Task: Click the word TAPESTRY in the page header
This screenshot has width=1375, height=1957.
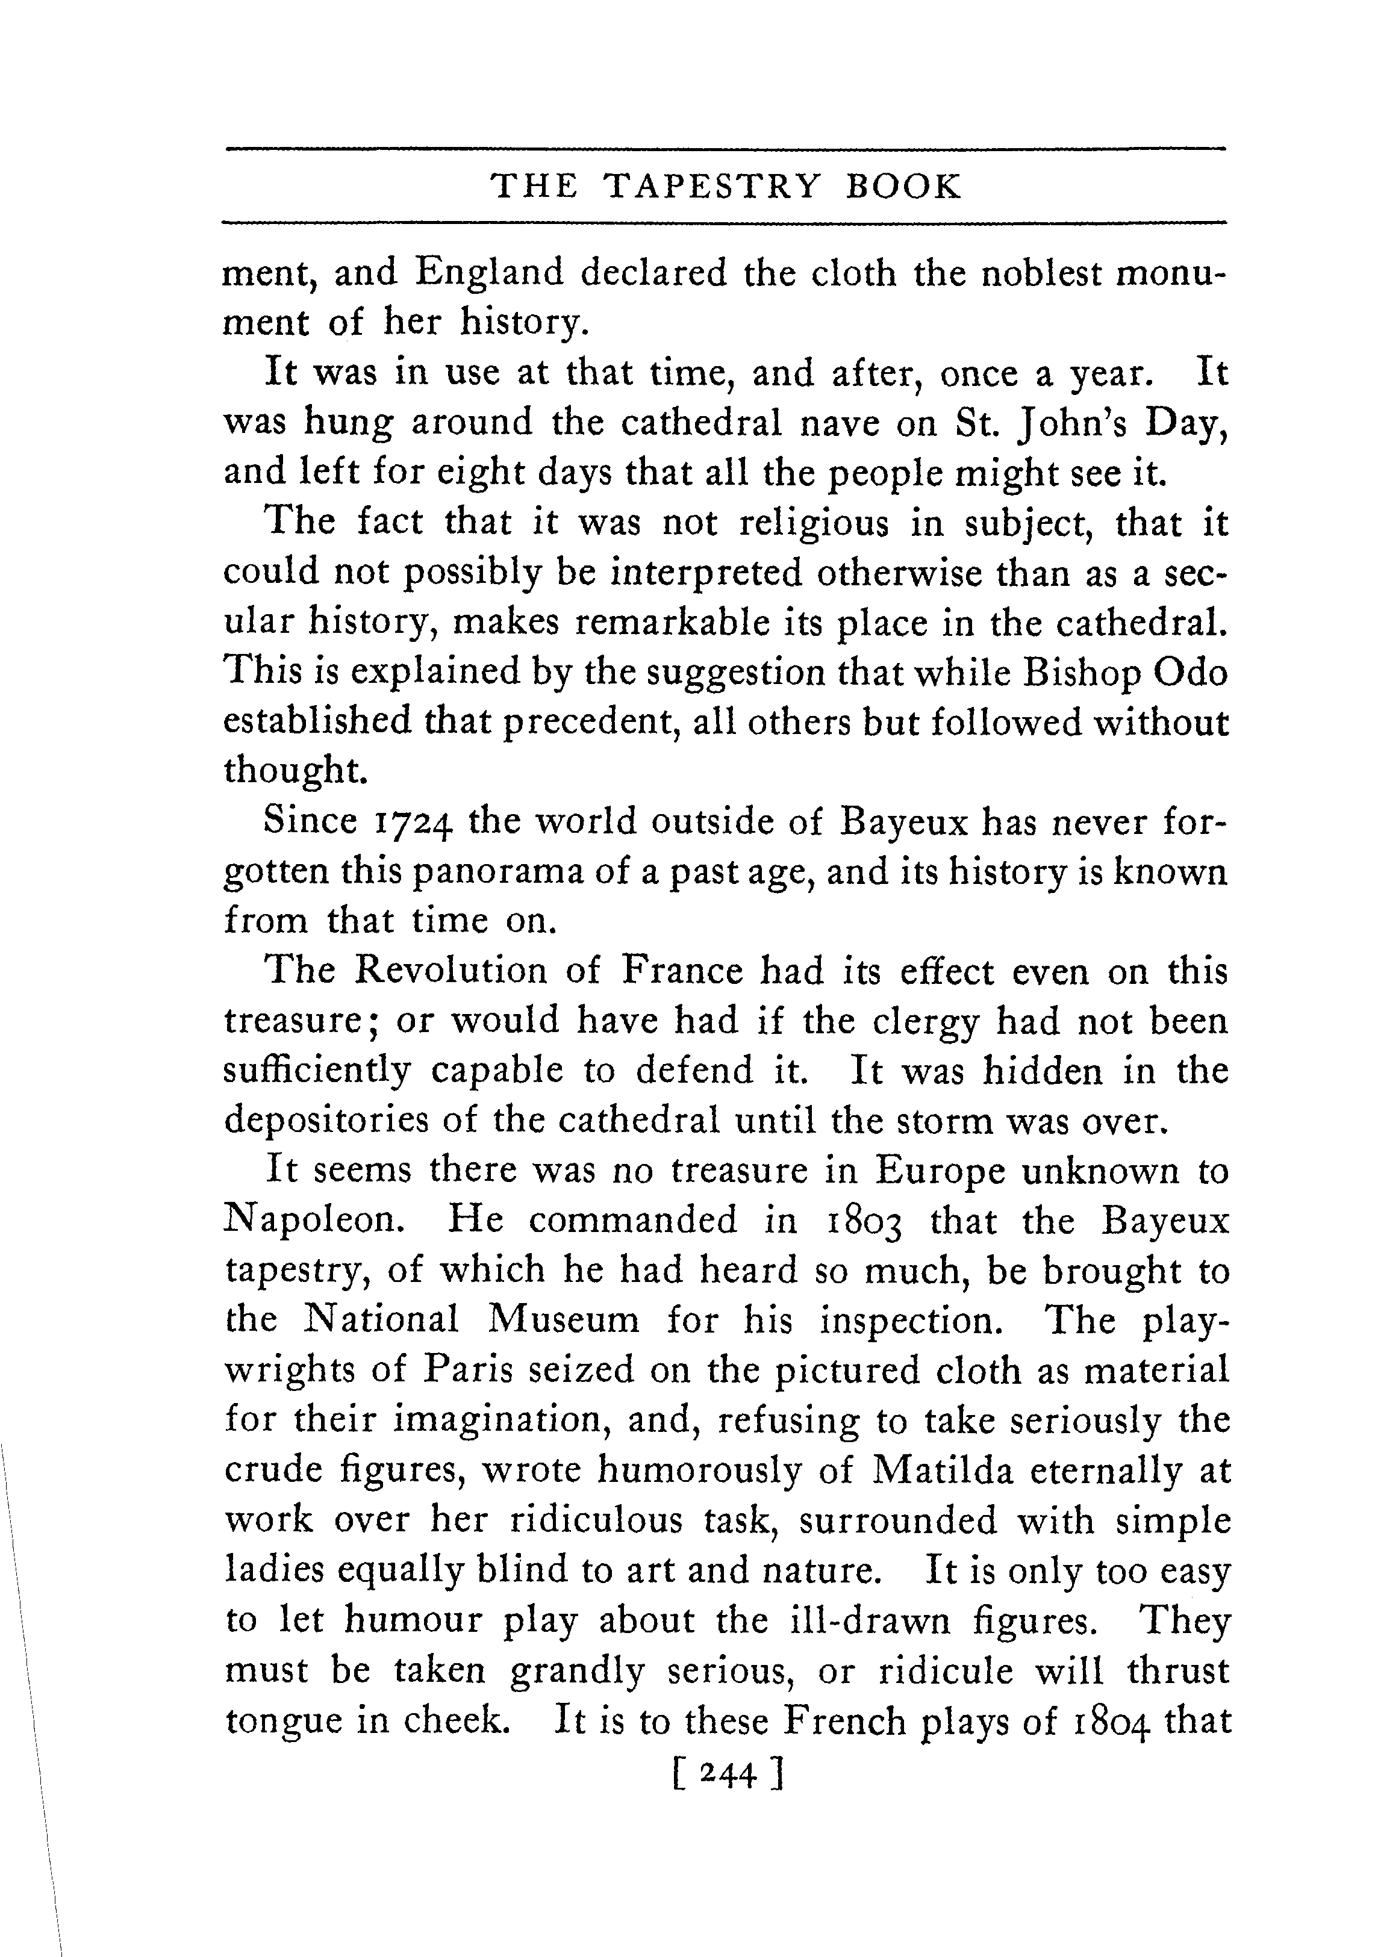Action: coord(712,186)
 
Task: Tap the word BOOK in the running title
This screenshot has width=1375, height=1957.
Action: coord(903,186)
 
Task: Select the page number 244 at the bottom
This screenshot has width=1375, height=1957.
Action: coord(727,1776)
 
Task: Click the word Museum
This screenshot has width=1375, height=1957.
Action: coord(564,1321)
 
